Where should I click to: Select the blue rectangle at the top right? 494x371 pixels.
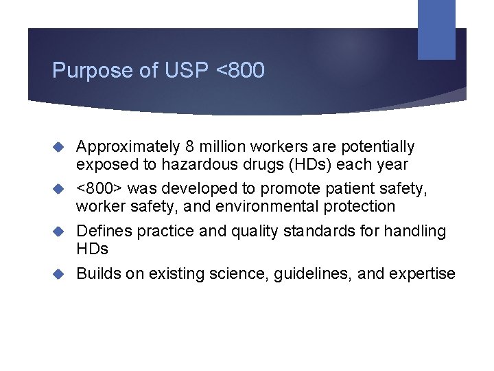(436, 29)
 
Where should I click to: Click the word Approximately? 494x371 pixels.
(128, 147)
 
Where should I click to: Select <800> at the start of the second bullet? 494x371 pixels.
(99, 188)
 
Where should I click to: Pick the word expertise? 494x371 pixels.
(422, 273)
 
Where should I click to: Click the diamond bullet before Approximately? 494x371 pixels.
(60, 146)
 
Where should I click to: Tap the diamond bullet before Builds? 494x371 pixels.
(60, 273)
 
